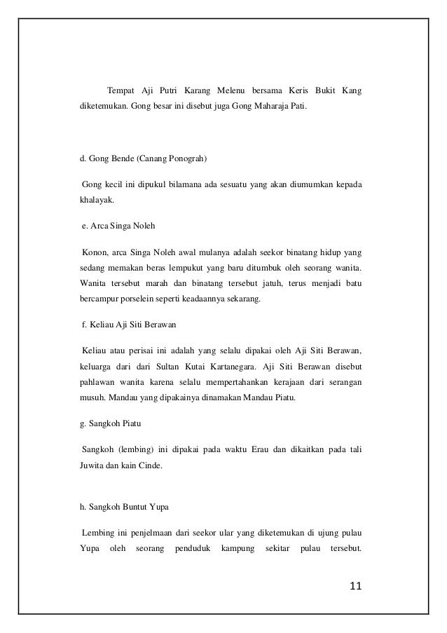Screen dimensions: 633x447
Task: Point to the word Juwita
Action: (x=91, y=464)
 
